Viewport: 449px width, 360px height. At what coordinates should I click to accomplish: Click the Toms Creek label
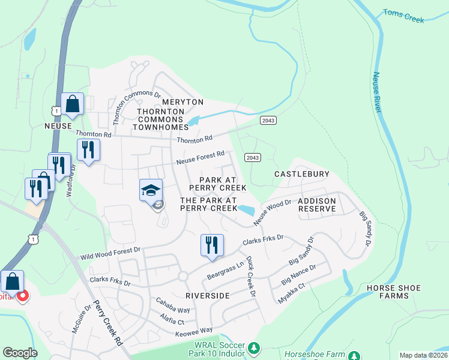(403, 16)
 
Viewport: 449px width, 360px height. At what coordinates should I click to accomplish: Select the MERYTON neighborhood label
(179, 102)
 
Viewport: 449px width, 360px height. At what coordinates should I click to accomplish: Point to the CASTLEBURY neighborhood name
(301, 174)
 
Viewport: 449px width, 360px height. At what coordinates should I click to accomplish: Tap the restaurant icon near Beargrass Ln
(212, 245)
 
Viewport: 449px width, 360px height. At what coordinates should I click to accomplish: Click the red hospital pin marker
(23, 296)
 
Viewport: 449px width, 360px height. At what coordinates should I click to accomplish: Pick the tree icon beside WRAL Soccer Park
(254, 347)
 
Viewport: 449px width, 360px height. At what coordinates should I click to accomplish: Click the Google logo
(20, 353)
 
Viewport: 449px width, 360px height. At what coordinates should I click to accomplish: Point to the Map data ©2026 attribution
(423, 355)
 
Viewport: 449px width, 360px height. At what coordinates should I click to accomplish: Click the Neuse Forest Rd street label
(200, 158)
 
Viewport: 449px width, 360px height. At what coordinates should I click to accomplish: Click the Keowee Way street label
(193, 331)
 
